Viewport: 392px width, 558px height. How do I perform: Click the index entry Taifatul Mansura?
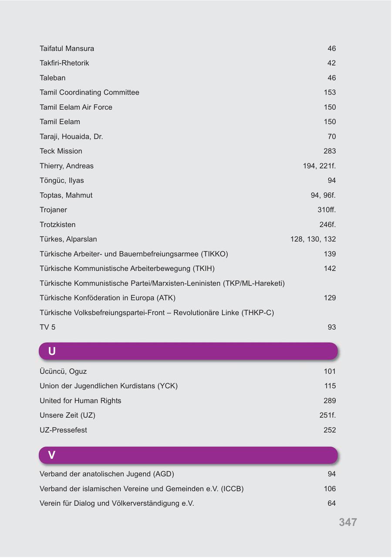[x=67, y=48]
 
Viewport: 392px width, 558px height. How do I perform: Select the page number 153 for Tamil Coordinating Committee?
[x=330, y=92]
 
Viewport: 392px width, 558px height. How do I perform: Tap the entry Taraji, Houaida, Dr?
[x=71, y=136]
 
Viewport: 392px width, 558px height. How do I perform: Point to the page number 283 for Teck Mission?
[x=330, y=151]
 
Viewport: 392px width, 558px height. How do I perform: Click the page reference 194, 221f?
[x=319, y=166]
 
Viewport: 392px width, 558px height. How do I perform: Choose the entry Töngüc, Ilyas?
[x=61, y=180]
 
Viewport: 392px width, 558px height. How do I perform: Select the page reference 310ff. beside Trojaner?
[x=327, y=210]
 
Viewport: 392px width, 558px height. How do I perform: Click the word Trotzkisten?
[x=57, y=225]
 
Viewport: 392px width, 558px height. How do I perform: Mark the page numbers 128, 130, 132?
[x=313, y=239]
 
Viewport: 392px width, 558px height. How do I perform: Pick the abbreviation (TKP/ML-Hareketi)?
[x=254, y=283]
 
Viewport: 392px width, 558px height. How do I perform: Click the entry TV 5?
[x=47, y=327]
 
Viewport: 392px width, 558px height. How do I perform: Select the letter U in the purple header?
[x=52, y=351]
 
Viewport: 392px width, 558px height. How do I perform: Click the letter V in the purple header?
[x=52, y=455]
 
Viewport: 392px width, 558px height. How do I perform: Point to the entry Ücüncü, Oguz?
[x=63, y=372]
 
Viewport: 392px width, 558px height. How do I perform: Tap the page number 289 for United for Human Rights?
[x=330, y=401]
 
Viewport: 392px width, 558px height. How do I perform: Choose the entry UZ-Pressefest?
[x=63, y=430]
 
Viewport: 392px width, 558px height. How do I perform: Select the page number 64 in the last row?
[x=331, y=504]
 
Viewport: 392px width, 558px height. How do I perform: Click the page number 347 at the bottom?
[x=348, y=522]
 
